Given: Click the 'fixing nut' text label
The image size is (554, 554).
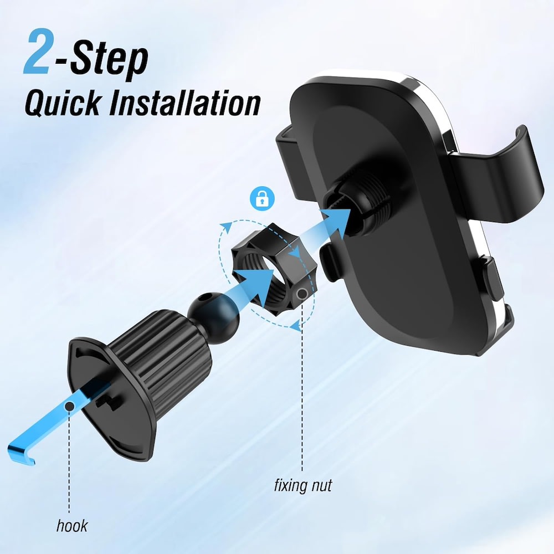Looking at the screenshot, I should pyautogui.click(x=303, y=486).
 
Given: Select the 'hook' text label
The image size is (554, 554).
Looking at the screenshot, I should pyautogui.click(x=72, y=525).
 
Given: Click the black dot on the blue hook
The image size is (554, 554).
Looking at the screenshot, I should pyautogui.click(x=69, y=407).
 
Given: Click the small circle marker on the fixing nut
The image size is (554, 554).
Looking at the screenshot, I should pyautogui.click(x=302, y=293).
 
